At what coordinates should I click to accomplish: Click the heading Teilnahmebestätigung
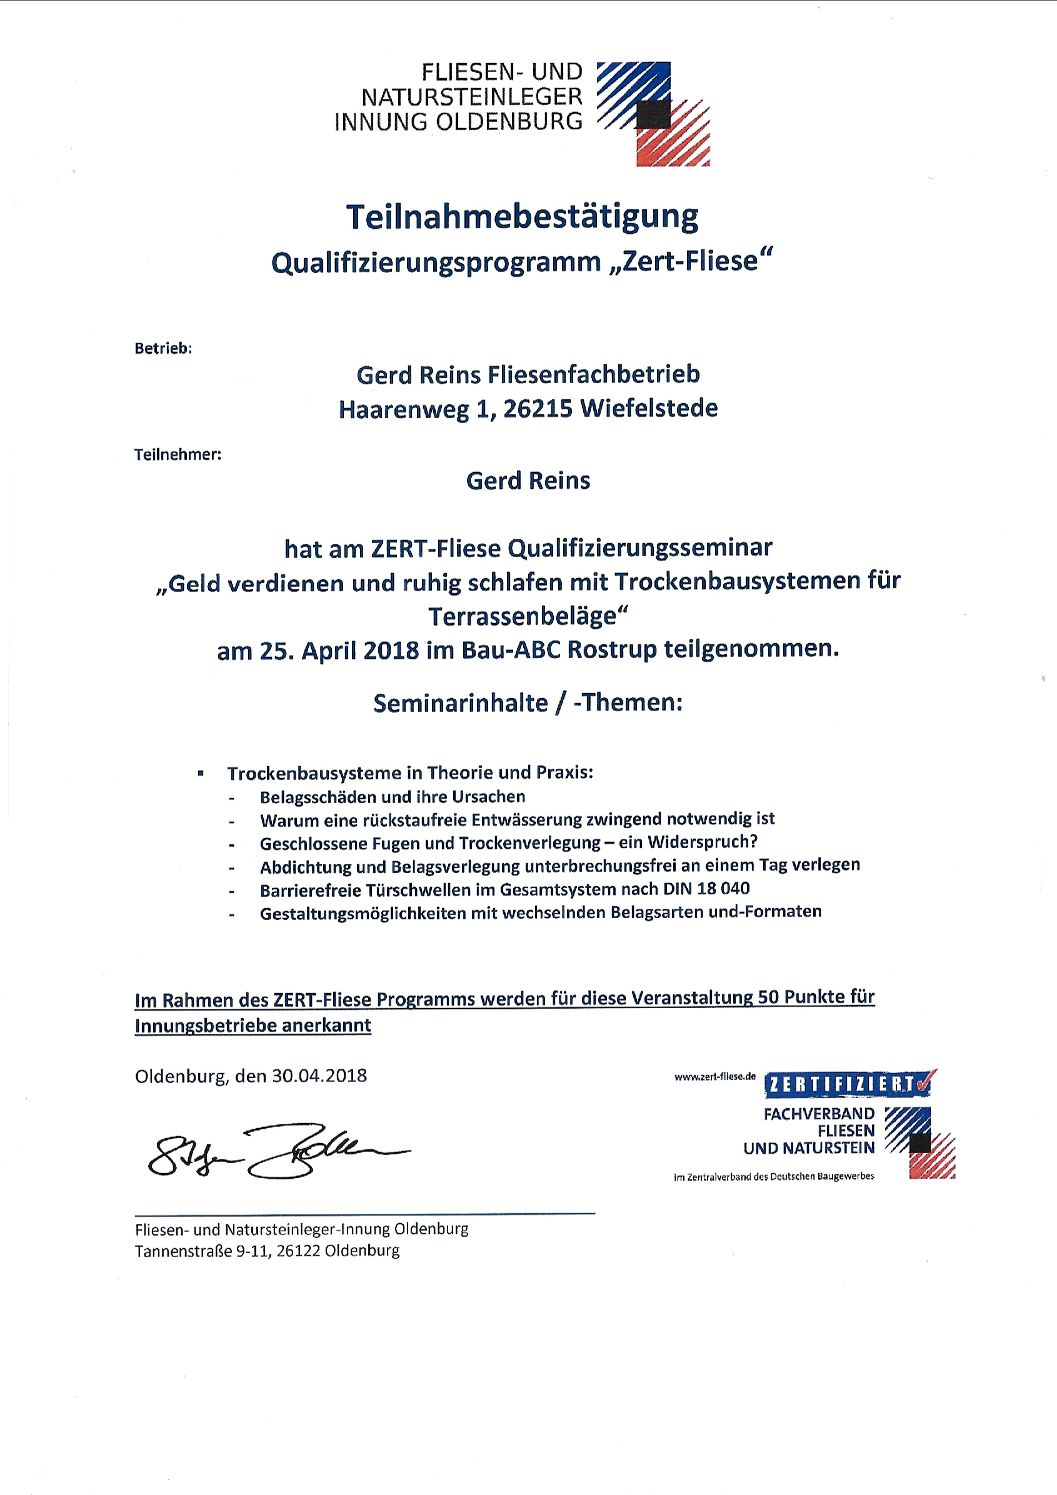[523, 217]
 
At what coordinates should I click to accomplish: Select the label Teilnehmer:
[178, 454]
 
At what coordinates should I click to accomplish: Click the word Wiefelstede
[649, 408]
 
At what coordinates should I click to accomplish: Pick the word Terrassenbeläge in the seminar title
[523, 616]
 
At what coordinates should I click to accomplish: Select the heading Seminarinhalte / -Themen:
[528, 703]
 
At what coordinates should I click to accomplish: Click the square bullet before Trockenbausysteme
[201, 774]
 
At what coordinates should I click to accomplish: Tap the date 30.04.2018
[319, 1076]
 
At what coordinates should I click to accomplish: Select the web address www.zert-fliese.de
[714, 1077]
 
